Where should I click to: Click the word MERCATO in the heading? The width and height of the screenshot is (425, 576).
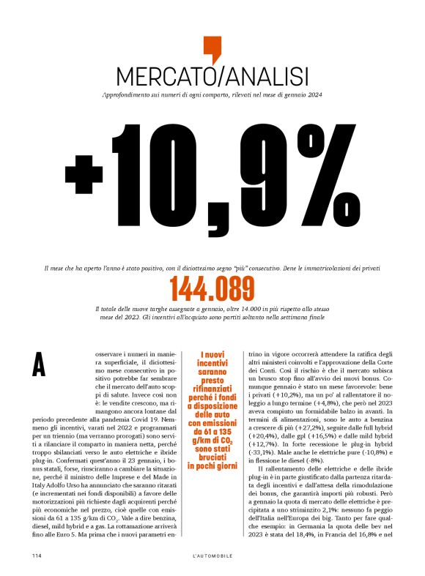click(x=160, y=76)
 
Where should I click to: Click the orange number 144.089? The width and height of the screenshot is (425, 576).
click(x=212, y=290)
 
